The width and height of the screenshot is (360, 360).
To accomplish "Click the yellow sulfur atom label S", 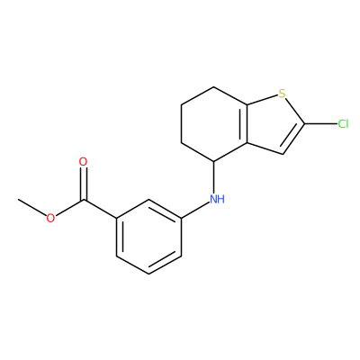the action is coord(282,94).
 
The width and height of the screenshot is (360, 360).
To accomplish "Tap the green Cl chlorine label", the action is coord(343,123).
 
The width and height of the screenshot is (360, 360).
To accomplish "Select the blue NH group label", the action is coord(217,199).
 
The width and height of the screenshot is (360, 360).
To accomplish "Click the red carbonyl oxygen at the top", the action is coord(83,162).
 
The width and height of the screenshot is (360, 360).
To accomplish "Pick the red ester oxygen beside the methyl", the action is coord(50,218).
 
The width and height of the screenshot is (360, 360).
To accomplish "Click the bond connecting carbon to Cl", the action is coord(320,123).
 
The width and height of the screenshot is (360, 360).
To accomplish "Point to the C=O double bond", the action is coord(83,184).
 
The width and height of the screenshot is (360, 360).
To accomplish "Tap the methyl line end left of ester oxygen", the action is coord(18,199).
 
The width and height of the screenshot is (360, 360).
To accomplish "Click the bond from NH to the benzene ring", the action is coord(195,210).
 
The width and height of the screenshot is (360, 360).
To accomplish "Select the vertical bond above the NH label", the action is coord(213,177).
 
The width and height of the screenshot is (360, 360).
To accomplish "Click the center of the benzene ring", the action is coord(148,237).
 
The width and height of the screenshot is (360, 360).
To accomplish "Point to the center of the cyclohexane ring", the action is coord(213,124).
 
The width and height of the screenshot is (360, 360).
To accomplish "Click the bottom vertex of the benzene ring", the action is coord(148,274).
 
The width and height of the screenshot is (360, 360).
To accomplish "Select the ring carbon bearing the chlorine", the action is coord(304,123).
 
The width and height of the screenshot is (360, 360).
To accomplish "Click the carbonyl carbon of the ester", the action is coord(84,199).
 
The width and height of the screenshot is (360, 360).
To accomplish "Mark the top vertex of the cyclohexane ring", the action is coord(213,87).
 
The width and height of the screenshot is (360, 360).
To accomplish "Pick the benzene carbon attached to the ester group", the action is coord(116,218).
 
